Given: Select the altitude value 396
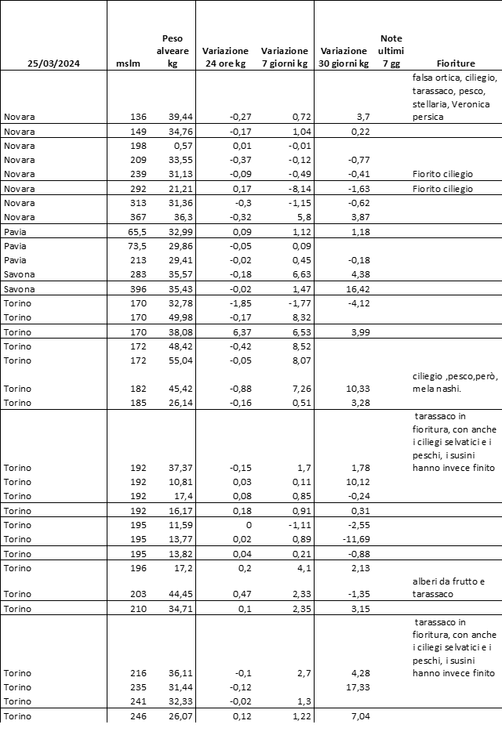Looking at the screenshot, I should [138, 290].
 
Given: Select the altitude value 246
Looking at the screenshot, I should [138, 716].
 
